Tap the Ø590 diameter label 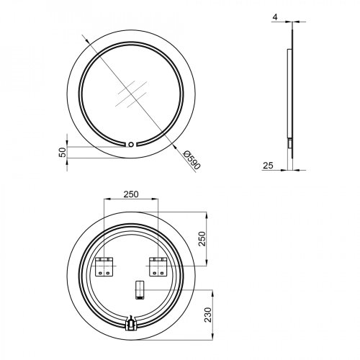192,160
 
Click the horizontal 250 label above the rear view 130,194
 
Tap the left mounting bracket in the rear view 104,266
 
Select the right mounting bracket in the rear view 158,266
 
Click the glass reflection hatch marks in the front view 132,94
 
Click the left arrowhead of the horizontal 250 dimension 106,200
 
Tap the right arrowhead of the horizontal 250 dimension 157,200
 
